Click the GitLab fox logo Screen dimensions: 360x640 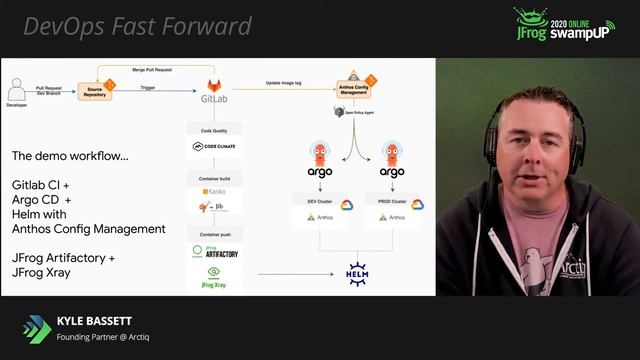213,86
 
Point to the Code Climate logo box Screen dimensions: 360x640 214,147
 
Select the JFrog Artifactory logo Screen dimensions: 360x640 214,252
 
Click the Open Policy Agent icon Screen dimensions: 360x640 340,112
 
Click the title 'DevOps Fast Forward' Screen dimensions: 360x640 137,26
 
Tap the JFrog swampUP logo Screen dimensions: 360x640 564,25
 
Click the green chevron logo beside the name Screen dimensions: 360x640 37,329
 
